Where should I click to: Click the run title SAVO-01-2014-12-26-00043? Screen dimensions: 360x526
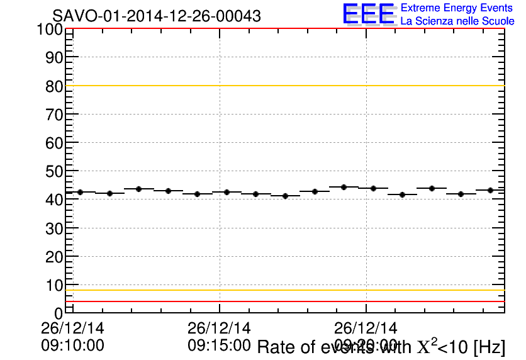(156, 16)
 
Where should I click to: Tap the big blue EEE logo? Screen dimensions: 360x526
(369, 14)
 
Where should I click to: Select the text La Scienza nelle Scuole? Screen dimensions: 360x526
(457, 21)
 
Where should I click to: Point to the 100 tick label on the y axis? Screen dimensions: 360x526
(49, 30)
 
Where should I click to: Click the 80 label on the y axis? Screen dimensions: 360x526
(54, 86)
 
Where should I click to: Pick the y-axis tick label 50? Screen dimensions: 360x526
(54, 171)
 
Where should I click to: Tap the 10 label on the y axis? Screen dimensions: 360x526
(54, 285)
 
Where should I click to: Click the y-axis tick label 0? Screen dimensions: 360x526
(59, 313)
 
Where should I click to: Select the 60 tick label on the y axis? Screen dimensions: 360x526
(54, 143)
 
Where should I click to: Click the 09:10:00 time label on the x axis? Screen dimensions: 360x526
(72, 345)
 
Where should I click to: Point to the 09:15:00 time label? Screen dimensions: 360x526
(219, 345)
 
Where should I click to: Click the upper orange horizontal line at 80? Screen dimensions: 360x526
(283, 86)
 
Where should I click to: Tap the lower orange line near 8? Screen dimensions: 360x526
(283, 290)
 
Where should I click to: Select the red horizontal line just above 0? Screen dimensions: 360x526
(283, 301)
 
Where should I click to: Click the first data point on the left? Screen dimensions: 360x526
(80, 192)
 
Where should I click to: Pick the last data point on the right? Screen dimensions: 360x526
(490, 190)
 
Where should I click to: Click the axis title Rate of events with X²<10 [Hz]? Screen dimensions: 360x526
(381, 347)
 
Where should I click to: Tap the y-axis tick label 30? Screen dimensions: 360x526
(54, 228)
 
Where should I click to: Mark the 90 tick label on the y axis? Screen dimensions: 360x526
(54, 58)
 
